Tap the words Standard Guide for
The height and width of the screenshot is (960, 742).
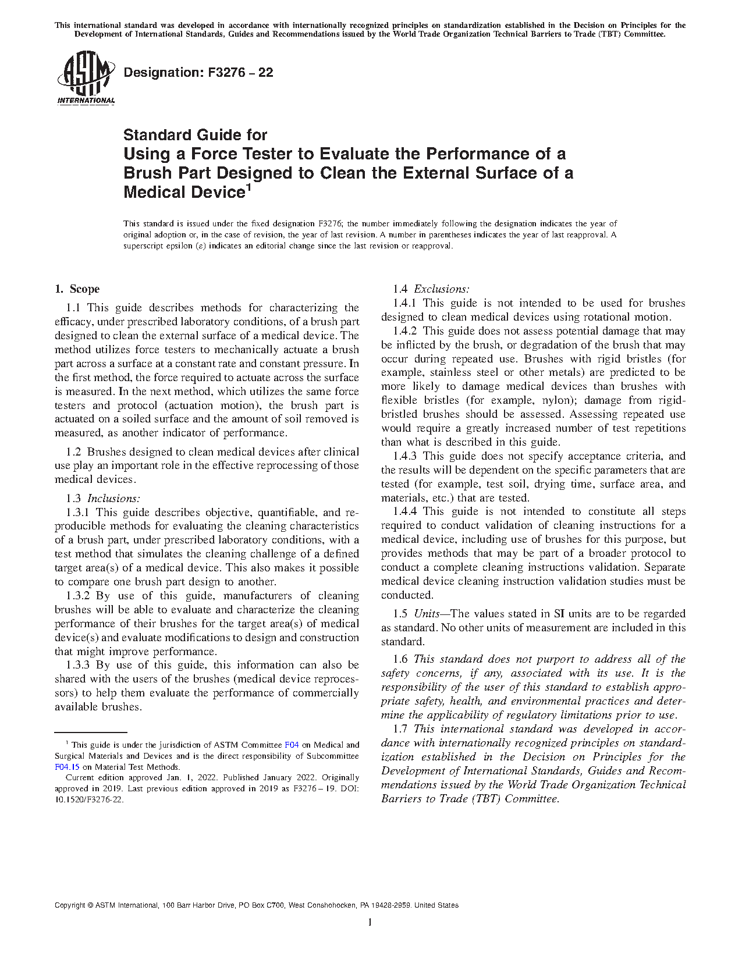(195, 135)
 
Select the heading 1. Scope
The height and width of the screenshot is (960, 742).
(77, 289)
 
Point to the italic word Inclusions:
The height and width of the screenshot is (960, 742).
(114, 499)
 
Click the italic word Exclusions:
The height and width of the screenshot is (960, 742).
(442, 289)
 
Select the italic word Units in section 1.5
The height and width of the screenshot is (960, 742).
(427, 614)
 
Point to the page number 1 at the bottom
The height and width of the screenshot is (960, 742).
(370, 922)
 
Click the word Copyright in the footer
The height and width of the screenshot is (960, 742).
(69, 905)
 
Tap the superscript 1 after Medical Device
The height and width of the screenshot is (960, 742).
(248, 188)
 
